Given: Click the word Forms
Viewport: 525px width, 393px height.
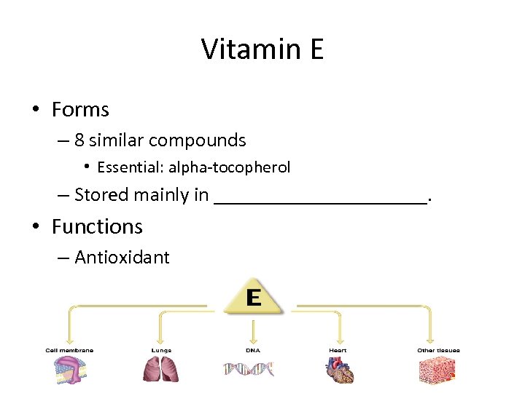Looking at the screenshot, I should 80,110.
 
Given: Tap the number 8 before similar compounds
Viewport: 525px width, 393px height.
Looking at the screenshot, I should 79,140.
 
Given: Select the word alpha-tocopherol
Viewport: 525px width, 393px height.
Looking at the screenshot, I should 230,167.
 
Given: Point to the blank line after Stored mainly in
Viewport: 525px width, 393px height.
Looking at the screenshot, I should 320,196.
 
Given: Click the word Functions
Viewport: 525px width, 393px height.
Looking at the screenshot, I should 97,227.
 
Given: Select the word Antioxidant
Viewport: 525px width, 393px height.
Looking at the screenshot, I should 122,258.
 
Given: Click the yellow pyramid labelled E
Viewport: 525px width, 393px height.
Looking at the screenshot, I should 253,298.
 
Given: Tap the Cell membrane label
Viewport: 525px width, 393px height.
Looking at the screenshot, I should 69,350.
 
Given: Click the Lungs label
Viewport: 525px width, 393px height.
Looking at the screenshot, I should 161,350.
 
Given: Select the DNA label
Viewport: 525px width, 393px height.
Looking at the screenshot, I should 252,350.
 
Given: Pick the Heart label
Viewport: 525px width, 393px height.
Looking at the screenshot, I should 338,350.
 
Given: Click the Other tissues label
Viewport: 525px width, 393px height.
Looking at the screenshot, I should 438,350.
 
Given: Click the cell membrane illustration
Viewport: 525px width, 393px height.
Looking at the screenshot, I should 69,370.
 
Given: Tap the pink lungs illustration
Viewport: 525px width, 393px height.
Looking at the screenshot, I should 161,370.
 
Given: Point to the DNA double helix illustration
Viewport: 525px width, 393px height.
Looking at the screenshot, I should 249,370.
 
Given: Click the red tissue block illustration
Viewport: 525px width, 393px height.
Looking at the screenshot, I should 437,370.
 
